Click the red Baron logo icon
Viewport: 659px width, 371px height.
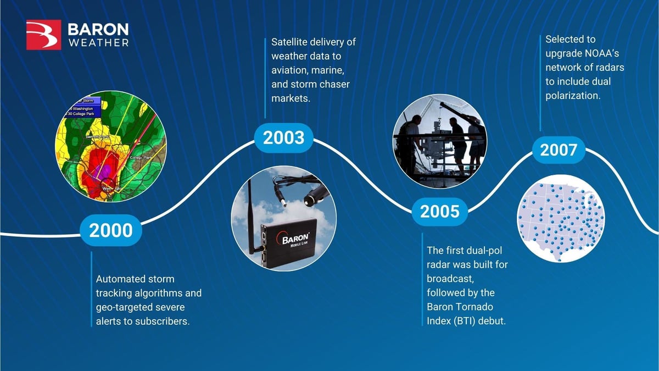[44, 35]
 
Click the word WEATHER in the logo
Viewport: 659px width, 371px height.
[98, 43]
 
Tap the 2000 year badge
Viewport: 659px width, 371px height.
[111, 230]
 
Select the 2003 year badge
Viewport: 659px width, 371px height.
[283, 138]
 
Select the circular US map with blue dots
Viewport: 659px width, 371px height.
[561, 218]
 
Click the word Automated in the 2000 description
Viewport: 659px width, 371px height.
[119, 279]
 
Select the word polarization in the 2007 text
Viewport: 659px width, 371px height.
[572, 96]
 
